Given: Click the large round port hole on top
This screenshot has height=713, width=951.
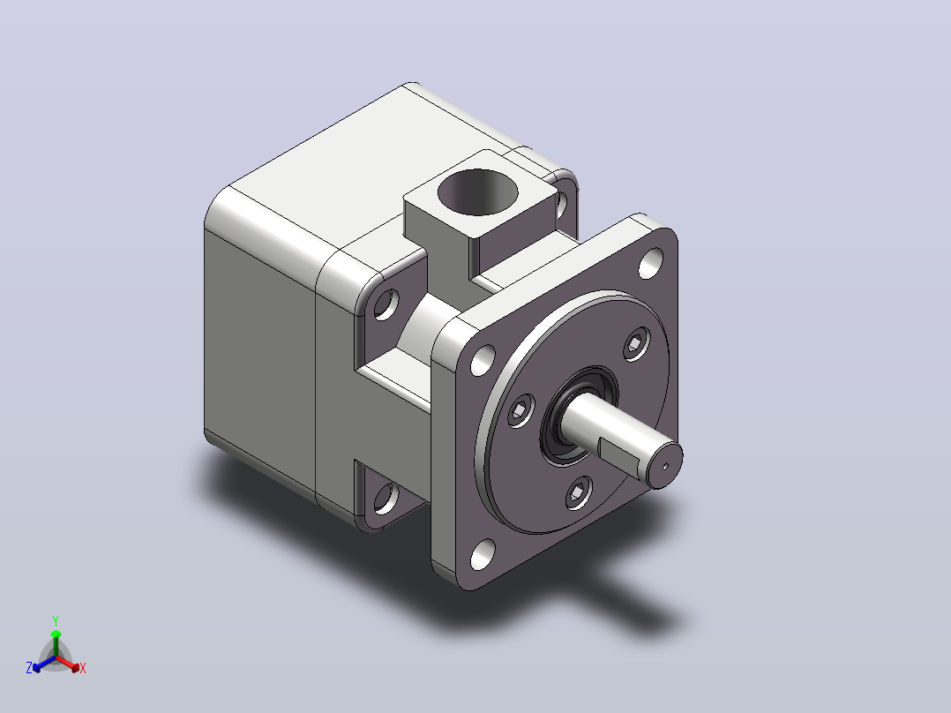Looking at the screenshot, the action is coord(478,191).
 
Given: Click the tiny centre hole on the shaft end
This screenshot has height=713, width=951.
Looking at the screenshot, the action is coord(665,466).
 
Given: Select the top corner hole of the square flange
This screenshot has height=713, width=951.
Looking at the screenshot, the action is coord(651,263).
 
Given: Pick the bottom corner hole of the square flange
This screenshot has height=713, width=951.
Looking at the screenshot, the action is coord(483,555).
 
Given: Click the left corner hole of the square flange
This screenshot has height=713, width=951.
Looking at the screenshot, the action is coord(483,360).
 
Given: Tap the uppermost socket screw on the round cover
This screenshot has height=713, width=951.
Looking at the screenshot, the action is coord(636,344).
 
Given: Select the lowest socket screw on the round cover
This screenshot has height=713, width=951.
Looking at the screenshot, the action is coord(580,492).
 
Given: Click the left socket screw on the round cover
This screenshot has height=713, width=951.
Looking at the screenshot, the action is coord(520,411).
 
